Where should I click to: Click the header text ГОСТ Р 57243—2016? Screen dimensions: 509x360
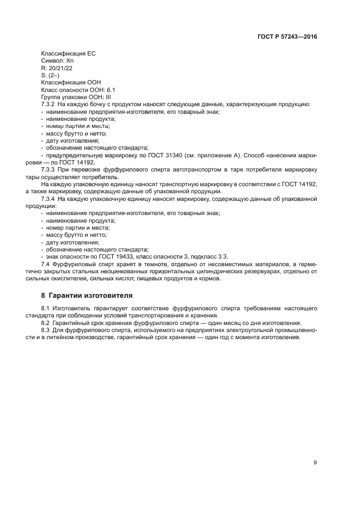click(286, 37)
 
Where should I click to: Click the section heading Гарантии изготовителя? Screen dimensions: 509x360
click(90, 295)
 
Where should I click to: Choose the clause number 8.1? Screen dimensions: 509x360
click(46, 308)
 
